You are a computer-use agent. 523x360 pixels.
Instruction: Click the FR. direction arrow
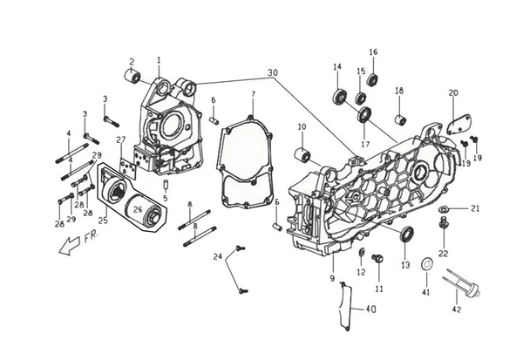[x=69, y=246]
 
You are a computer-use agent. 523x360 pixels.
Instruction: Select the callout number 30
[x=273, y=72]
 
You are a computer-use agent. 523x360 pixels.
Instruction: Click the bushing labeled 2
[x=132, y=77]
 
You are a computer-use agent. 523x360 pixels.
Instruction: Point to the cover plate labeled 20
[x=459, y=125]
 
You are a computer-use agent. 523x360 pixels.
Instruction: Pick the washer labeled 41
[x=426, y=264]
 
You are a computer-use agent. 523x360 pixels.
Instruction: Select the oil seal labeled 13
[x=406, y=234]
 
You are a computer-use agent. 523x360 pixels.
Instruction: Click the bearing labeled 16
[x=372, y=80]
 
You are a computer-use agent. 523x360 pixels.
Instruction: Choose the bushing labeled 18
[x=400, y=120]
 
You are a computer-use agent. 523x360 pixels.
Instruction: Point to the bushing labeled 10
[x=302, y=154]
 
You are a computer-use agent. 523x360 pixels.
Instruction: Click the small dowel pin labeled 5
[x=166, y=185]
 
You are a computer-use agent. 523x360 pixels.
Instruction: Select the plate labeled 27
[x=128, y=169]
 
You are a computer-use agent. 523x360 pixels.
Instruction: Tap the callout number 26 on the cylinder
[x=138, y=209]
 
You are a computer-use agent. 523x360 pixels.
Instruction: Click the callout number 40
[x=370, y=309]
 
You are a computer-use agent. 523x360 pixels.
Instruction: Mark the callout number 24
[x=218, y=257]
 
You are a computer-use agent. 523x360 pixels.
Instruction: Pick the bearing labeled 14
[x=340, y=96]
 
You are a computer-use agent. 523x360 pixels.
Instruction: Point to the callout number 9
[x=332, y=278]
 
